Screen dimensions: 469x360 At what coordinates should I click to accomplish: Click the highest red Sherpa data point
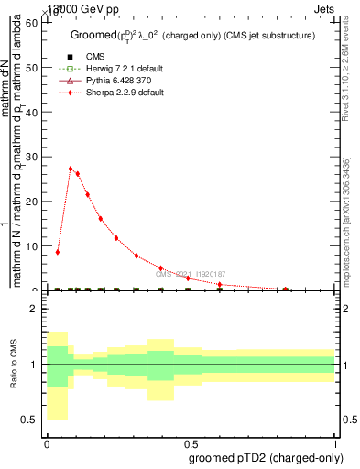pos(71,169)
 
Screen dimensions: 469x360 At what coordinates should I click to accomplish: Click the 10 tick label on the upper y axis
pos(29,245)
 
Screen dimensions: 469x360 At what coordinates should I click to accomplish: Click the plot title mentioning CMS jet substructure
pos(192,35)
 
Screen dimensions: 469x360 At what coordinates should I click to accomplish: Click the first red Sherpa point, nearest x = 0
pos(58,252)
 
